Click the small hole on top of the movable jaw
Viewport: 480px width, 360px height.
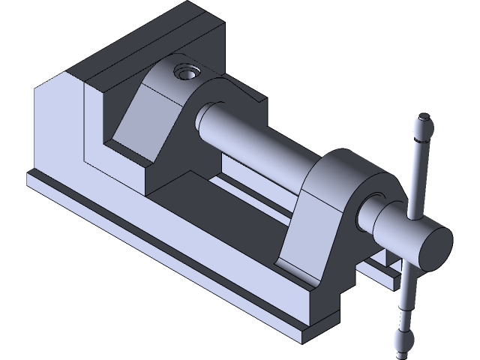pos(184,73)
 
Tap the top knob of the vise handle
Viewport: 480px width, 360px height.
pos(424,124)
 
